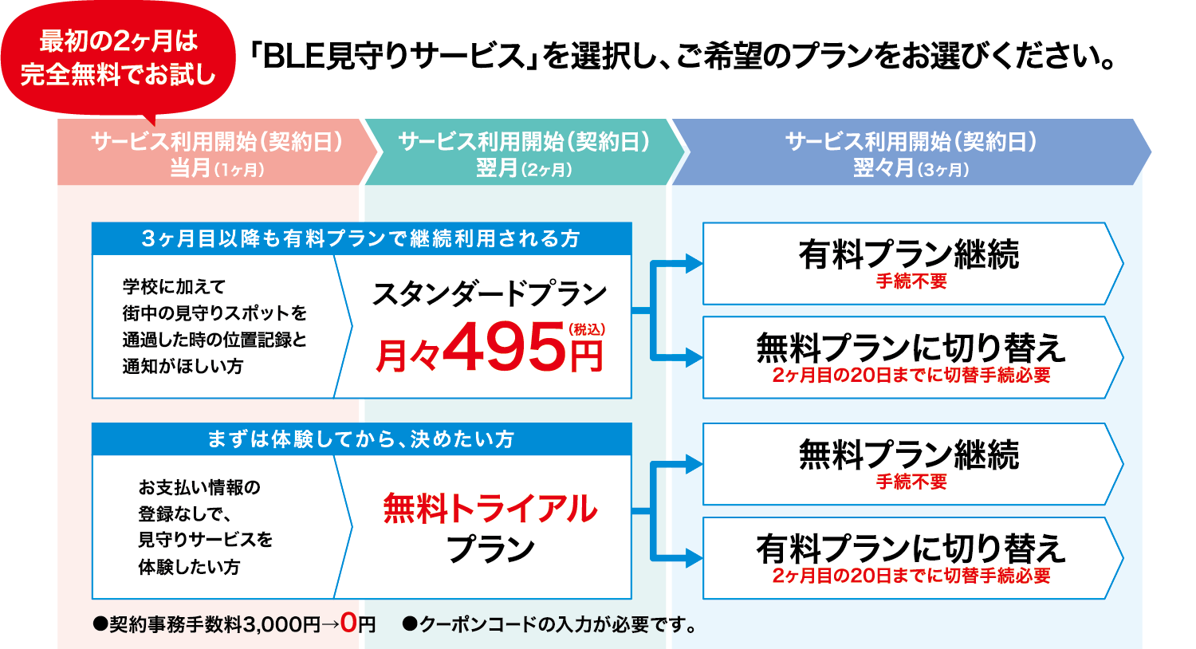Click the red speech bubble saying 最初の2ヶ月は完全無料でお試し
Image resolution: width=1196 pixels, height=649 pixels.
[x=118, y=58]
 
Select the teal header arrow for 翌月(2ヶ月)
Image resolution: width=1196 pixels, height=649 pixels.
[x=522, y=153]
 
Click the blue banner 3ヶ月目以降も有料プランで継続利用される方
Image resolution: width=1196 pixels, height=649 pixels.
[x=361, y=238]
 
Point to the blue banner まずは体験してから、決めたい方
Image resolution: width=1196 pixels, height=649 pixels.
[x=361, y=439]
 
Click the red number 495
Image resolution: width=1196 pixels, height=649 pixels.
[x=504, y=347]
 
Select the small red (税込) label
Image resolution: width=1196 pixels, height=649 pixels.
[x=587, y=328]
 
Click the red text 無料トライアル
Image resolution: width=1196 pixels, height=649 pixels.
[x=490, y=509]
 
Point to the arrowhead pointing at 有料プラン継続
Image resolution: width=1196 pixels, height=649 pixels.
[x=694, y=264]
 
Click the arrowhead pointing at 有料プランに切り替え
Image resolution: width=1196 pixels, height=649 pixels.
[x=694, y=559]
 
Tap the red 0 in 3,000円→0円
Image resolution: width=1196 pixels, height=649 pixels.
[x=348, y=623]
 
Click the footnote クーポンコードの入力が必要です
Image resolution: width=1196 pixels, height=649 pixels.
[x=550, y=624]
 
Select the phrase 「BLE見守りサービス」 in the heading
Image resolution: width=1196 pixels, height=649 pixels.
[x=394, y=57]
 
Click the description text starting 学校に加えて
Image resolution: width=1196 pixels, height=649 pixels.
[x=214, y=326]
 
